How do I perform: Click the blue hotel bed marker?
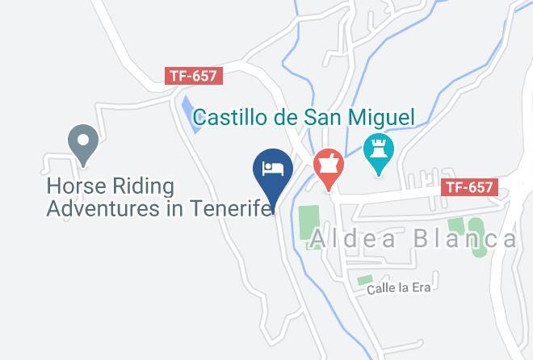click(x=273, y=169)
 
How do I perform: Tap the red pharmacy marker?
click(x=329, y=163)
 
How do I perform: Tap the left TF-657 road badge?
click(x=193, y=75)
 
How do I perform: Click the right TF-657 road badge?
click(x=469, y=187)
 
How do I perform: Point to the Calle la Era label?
click(x=398, y=287)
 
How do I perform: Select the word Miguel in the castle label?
click(x=375, y=118)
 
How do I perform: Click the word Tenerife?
click(x=234, y=209)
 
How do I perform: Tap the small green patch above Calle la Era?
click(x=365, y=279)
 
